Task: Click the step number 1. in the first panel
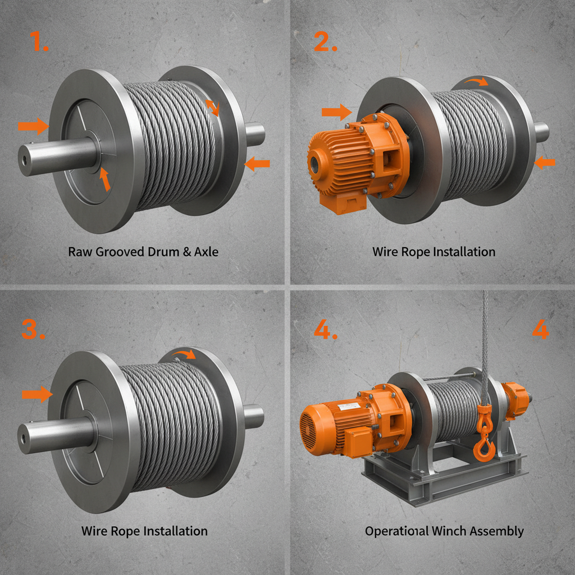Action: coord(39,42)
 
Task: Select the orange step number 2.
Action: coord(326,42)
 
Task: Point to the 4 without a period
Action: coord(540,330)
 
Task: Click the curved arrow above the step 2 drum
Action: coord(479,83)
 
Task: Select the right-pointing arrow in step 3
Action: coord(36,395)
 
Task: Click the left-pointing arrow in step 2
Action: coord(545,163)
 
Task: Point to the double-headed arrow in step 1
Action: coord(212,107)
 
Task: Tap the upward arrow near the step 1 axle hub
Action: coord(104,179)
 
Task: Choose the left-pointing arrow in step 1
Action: coord(258,164)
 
